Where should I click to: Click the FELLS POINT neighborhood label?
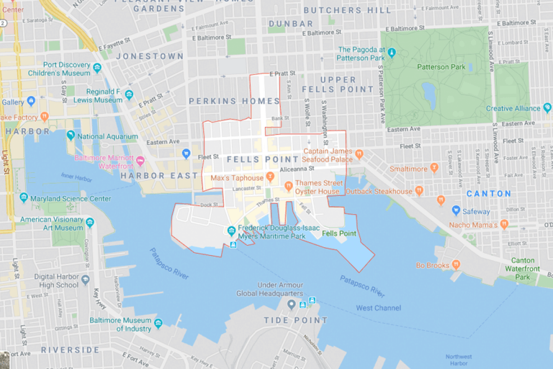click(x=261, y=159)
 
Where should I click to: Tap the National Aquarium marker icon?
click(x=71, y=135)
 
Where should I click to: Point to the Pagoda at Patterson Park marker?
click(x=392, y=53)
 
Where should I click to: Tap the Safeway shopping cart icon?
click(x=456, y=210)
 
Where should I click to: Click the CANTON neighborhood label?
click(x=488, y=194)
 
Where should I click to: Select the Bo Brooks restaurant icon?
click(x=457, y=265)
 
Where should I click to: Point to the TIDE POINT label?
click(x=295, y=320)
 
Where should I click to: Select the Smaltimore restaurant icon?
click(x=434, y=168)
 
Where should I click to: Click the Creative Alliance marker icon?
click(x=547, y=108)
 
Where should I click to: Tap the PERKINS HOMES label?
click(x=233, y=102)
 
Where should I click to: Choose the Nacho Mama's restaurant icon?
click(x=504, y=224)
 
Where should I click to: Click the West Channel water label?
click(x=379, y=308)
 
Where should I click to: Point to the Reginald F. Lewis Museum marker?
click(x=129, y=94)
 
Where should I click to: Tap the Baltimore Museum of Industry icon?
click(x=158, y=325)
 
